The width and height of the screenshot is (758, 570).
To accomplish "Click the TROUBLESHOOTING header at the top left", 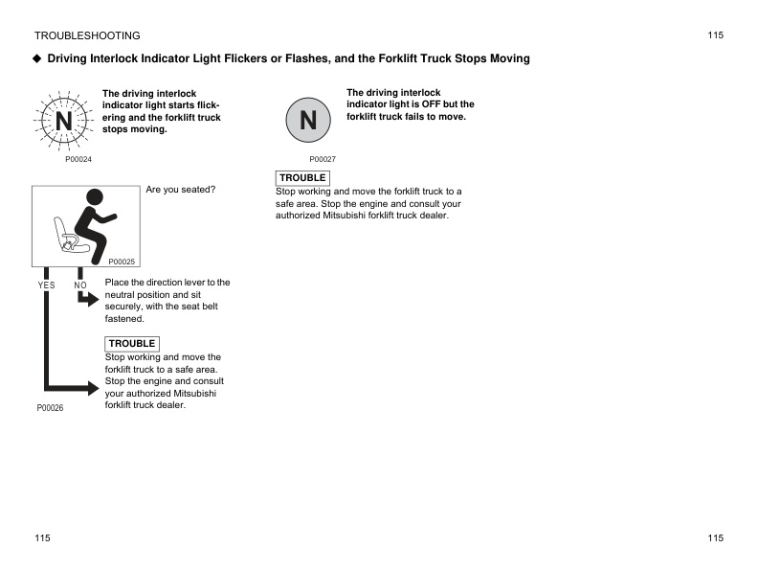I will pos(87,35).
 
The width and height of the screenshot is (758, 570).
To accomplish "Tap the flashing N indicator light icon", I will pos(62,122).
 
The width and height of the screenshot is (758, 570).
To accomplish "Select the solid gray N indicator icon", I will pos(308,121).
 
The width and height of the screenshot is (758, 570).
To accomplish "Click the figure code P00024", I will pos(78,159).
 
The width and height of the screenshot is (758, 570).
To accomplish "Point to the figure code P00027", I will pos(323,159).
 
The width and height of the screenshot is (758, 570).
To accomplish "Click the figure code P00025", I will pos(122,262).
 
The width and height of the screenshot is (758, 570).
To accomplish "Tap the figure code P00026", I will pos(50,408).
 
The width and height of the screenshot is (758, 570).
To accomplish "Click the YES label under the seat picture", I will pos(46,285).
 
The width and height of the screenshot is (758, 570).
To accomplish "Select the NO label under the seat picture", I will pos(80,285).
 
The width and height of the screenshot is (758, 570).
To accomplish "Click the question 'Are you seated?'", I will pos(181,190).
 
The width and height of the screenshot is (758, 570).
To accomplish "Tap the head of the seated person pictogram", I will pos(94,198).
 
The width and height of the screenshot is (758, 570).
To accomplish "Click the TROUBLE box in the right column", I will pos(302,178).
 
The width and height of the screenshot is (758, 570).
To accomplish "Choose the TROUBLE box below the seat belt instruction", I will pos(131,344).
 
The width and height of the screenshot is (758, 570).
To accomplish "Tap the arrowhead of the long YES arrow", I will pos(93,388).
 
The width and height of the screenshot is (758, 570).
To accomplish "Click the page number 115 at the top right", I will pos(716,35).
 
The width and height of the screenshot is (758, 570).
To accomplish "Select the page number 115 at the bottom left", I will pos(42,538).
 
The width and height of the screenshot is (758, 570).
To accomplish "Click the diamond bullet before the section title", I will pos(37,58).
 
